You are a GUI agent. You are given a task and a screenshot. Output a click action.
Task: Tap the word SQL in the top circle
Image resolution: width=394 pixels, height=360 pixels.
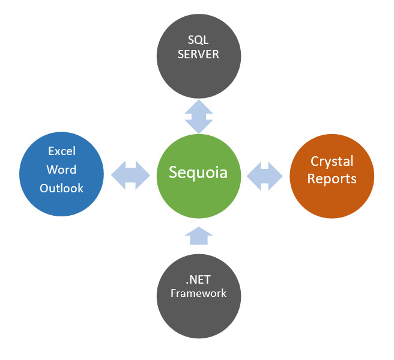[198, 40]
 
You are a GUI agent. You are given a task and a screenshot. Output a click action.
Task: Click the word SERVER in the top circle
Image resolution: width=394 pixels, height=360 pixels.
[198, 54]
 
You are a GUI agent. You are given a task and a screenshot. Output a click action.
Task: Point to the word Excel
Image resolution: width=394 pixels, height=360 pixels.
[61, 151]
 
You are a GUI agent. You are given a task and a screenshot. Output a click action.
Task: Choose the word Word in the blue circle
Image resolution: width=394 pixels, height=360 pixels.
[61, 169]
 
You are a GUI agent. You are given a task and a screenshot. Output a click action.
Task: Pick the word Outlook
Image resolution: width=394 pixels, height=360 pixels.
[61, 188]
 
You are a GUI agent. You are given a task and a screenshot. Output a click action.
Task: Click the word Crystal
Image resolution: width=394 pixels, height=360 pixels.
[332, 162]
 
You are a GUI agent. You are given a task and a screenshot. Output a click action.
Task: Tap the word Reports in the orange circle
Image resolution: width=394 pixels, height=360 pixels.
[332, 178]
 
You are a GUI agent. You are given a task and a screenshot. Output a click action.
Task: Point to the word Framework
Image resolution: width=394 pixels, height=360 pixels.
[198, 293]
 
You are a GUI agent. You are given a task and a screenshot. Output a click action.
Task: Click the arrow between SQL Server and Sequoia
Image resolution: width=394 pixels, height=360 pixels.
[198, 117]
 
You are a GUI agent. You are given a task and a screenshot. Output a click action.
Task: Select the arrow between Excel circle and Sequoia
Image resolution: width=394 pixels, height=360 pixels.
[130, 174]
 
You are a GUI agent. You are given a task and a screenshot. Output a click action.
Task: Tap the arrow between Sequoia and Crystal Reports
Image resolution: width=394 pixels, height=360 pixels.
[264, 174]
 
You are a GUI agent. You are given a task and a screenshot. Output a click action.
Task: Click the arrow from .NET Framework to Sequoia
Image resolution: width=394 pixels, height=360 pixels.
[198, 236]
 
